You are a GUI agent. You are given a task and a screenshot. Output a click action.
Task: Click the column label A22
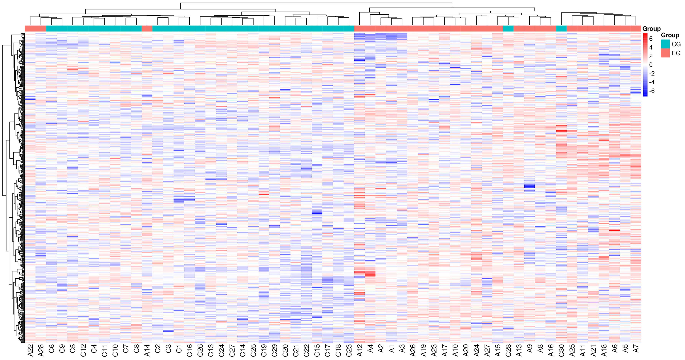click(30, 350)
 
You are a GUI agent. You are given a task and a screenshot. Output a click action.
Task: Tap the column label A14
click(147, 350)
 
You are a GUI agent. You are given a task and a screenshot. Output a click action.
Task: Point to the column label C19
click(264, 350)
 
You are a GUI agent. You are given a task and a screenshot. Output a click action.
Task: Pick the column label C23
click(349, 350)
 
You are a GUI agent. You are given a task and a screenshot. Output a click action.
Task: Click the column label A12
click(360, 350)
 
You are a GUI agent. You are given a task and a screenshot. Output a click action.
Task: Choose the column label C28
click(508, 350)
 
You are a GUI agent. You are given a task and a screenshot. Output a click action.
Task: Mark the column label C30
click(561, 350)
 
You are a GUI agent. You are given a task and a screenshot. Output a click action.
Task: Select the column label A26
click(413, 350)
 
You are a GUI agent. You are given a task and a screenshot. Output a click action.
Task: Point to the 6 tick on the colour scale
click(651, 39)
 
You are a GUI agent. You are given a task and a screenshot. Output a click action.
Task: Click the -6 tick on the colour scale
click(652, 91)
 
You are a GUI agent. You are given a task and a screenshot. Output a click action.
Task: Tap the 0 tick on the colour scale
click(651, 65)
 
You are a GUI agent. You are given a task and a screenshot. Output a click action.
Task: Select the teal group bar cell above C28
click(508, 28)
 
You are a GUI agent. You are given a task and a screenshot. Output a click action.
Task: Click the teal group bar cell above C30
click(561, 28)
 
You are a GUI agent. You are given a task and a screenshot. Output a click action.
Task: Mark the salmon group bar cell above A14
click(147, 28)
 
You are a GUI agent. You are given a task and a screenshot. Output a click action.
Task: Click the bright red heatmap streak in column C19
click(264, 194)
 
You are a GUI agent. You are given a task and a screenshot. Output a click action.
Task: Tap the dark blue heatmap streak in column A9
click(529, 186)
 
